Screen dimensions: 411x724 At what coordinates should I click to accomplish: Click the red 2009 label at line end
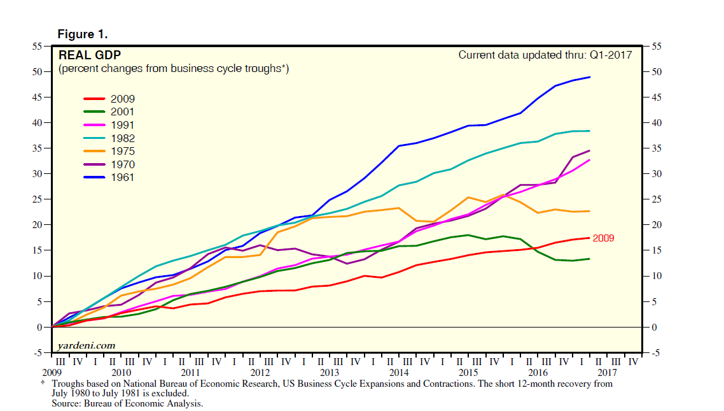604,238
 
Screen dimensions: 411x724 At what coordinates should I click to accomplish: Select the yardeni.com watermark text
87,345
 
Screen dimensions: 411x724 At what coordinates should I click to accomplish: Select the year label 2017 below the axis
607,372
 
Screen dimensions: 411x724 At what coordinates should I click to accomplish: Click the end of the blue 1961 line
590,77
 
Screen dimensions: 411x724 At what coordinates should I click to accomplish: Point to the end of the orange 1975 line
590,211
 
